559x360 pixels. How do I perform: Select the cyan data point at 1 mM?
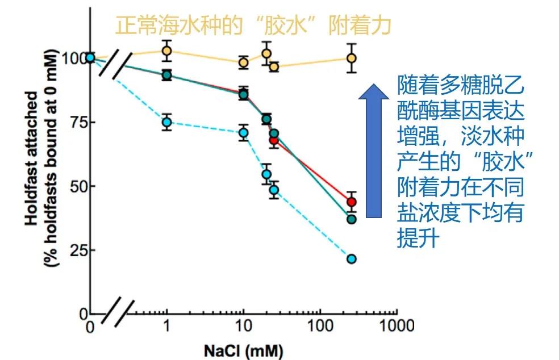(x=166, y=122)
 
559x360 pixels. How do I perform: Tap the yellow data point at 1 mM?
(x=166, y=51)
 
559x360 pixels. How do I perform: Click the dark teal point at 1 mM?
(x=166, y=75)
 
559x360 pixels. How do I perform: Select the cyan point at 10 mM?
(x=244, y=133)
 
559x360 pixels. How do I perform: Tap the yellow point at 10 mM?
(x=244, y=62)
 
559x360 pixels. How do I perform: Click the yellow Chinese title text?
(x=253, y=26)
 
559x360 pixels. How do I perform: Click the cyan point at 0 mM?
(x=90, y=57)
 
